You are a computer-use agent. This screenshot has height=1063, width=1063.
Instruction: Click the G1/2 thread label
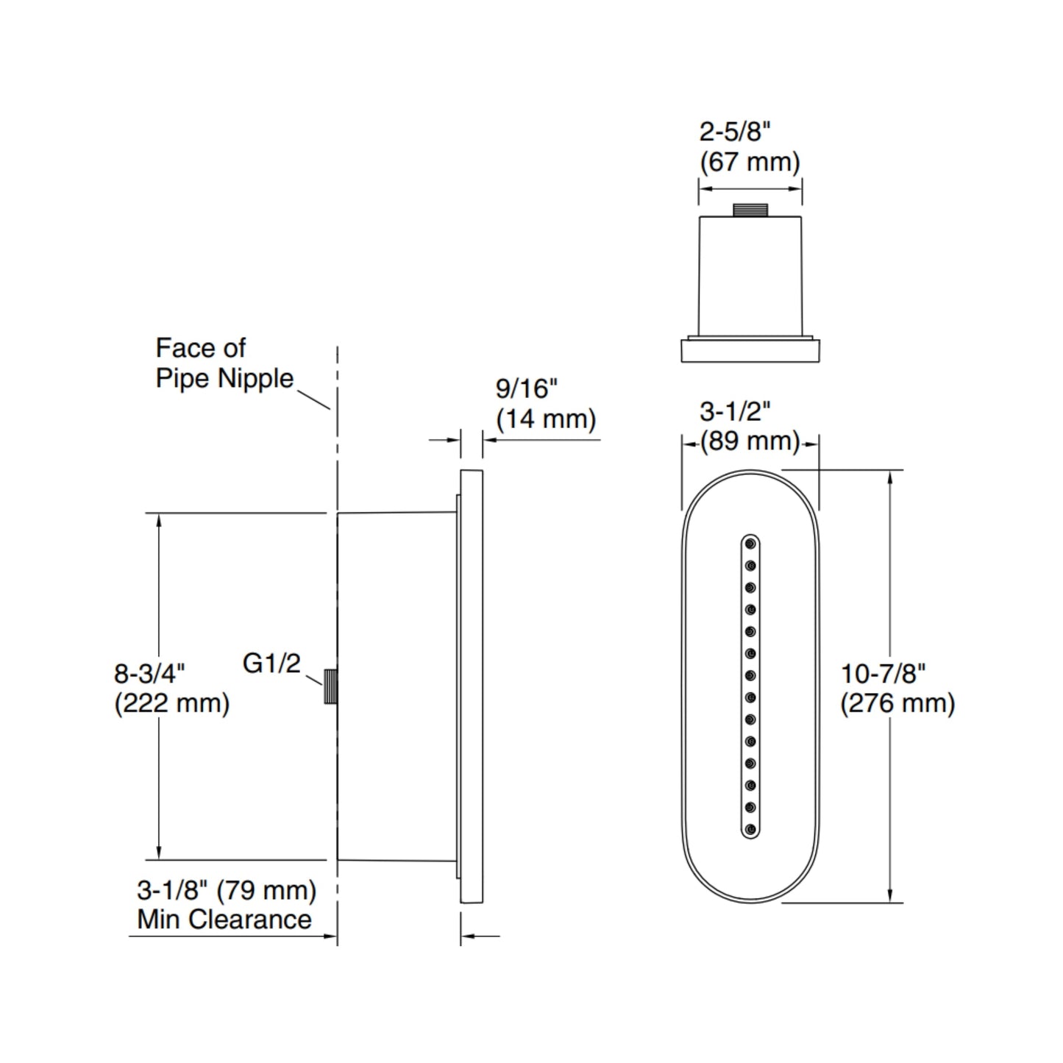click(x=271, y=664)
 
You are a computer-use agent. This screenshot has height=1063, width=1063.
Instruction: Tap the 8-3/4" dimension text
click(x=149, y=673)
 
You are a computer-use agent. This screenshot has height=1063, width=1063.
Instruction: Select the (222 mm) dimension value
click(x=172, y=703)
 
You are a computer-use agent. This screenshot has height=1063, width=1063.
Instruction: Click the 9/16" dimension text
click(x=527, y=388)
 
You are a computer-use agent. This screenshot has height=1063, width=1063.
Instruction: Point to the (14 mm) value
click(x=545, y=419)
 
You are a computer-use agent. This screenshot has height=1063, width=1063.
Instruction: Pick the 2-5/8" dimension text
click(x=734, y=132)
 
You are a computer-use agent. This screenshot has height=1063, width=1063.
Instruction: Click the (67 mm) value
click(x=749, y=162)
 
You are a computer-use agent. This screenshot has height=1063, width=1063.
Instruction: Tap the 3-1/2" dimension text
click(x=735, y=411)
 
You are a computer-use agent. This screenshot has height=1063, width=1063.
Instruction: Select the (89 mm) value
click(x=749, y=441)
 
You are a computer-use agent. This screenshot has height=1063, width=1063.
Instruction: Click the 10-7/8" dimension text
click(x=883, y=673)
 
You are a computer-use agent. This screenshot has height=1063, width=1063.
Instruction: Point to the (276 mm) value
click(x=897, y=703)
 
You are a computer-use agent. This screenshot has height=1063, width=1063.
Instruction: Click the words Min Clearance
click(x=224, y=919)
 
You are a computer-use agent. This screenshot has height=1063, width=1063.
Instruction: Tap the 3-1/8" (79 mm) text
click(x=227, y=890)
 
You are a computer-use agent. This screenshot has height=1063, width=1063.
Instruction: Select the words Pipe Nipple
click(x=224, y=378)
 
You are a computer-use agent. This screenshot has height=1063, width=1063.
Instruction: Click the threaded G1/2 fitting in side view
click(x=330, y=686)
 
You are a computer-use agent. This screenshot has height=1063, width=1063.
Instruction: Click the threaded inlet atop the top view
click(x=750, y=210)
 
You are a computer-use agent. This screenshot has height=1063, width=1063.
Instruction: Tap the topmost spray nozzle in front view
click(x=750, y=544)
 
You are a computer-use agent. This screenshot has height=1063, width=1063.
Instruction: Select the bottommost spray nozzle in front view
click(x=750, y=830)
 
